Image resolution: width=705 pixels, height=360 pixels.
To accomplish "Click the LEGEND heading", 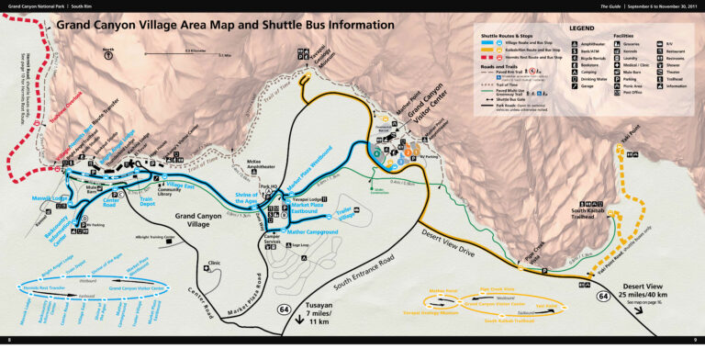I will tap(583, 28).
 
